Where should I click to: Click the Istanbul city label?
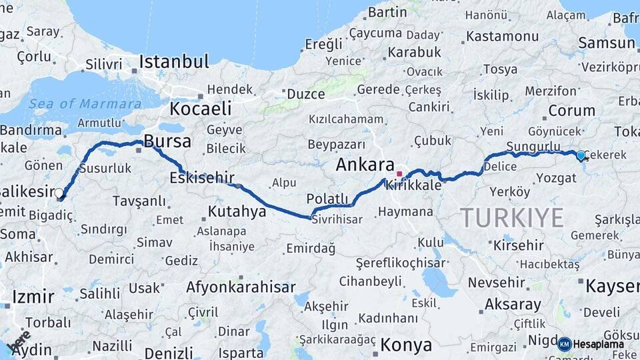[173, 62]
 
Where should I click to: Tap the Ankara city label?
[365, 165]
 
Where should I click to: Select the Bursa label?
[167, 141]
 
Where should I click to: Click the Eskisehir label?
[202, 177]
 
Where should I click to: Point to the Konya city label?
[406, 345]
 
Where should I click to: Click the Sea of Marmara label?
[85, 104]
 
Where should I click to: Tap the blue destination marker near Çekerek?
[581, 155]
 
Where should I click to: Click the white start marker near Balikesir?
[59, 193]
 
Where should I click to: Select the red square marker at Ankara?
[399, 174]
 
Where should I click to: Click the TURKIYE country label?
[512, 217]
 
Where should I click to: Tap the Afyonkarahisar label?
[241, 287]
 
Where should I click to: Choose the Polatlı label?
[327, 199]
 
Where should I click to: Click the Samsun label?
[607, 43]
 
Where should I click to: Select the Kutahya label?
[237, 211]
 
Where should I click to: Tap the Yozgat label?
[537, 177]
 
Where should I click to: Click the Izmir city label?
[31, 296]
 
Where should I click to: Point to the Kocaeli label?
[200, 109]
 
